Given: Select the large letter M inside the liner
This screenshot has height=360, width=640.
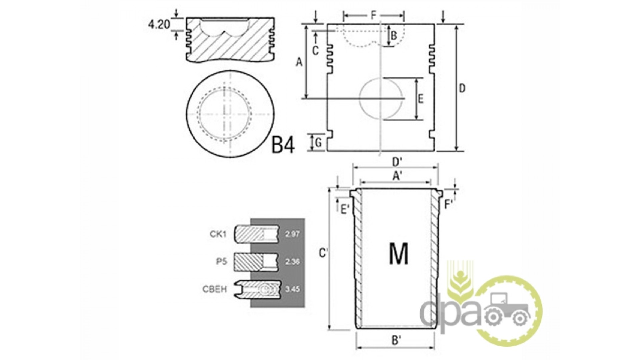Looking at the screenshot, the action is point(398,254).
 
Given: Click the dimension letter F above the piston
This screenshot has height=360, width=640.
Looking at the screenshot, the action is point(374,15).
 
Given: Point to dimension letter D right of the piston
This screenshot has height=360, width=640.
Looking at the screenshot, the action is point(462,89).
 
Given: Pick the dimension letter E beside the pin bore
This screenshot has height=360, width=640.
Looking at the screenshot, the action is point(421,99).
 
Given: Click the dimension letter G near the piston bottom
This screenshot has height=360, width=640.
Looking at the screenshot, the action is point(318,143).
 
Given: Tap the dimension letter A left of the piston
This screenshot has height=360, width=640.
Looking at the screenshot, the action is point(299,62).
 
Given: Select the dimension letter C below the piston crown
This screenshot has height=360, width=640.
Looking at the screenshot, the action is point(315,50).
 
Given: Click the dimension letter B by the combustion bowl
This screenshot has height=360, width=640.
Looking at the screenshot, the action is point(394,36).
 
